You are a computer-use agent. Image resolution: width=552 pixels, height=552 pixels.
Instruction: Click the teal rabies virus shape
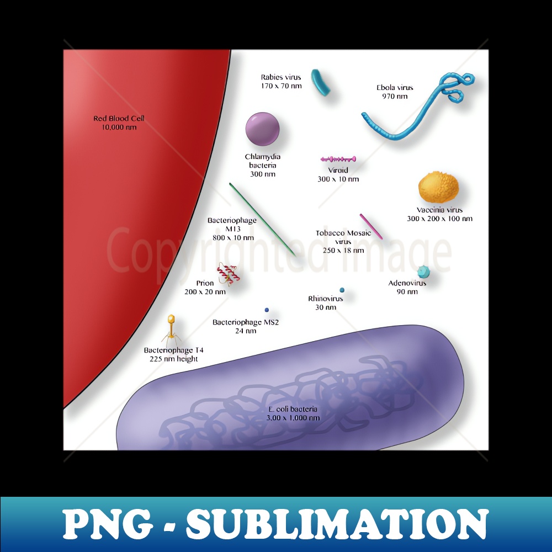[321, 82]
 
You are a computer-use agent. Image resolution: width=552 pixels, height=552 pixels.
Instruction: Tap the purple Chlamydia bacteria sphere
[262, 130]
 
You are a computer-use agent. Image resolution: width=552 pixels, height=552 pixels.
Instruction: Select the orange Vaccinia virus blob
[438, 188]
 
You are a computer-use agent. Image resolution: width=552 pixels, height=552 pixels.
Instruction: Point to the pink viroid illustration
[338, 159]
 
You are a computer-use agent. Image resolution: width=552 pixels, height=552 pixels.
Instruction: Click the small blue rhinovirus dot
[342, 290]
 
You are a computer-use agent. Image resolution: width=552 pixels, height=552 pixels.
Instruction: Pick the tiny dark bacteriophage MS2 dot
[267, 310]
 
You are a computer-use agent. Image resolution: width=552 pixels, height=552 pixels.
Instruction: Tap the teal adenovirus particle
[423, 271]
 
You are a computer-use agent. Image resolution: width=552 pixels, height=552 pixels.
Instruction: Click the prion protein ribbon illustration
[228, 273]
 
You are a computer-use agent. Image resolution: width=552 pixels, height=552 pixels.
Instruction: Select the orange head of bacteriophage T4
[172, 319]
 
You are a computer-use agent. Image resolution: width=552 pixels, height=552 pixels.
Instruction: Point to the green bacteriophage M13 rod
[262, 219]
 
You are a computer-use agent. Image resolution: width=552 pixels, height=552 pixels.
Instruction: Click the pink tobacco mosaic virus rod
[371, 226]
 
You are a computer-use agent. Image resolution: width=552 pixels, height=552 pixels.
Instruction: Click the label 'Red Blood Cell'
[119, 118]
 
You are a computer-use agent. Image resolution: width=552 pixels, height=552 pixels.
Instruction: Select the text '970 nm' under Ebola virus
[395, 97]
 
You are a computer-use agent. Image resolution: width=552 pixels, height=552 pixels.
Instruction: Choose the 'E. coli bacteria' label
[293, 409]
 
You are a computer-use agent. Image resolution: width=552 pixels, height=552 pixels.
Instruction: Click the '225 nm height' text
[173, 359]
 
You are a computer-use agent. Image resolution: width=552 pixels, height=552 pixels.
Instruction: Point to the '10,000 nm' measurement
[119, 127]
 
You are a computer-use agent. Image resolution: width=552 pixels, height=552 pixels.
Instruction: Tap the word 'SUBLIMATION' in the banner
[337, 524]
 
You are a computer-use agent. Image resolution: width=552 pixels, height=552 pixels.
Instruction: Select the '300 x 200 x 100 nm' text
[439, 219]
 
